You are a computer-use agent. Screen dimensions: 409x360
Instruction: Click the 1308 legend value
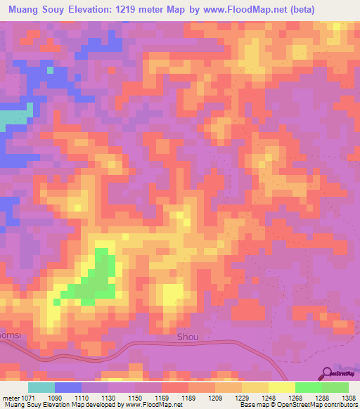click(x=347, y=397)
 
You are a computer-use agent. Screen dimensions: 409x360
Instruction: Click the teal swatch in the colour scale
click(x=41, y=387)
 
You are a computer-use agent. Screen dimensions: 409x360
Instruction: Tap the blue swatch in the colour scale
click(x=68, y=387)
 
